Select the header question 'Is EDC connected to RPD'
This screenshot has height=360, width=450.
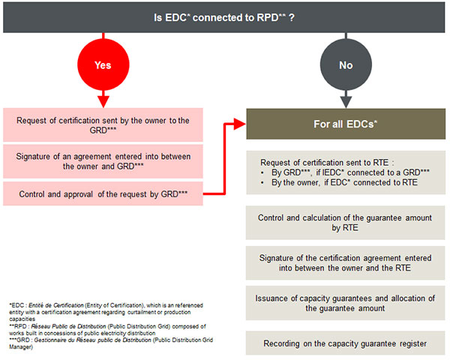(224, 16)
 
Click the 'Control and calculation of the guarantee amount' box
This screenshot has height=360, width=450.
(345, 223)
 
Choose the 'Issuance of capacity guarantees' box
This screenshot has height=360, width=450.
(345, 302)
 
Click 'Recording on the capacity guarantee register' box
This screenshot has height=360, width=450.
(345, 343)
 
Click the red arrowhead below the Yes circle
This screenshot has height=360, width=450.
(103, 100)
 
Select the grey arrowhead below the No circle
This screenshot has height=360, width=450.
(346, 100)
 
